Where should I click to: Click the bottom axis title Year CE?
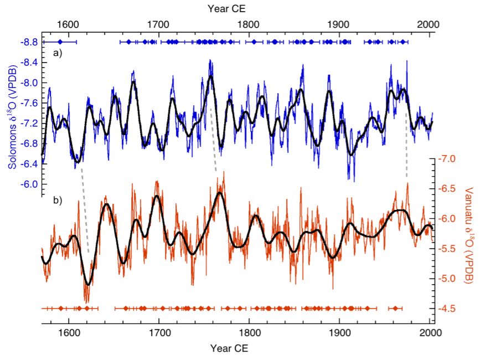coord(229,349)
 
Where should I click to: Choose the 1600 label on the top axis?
coord(68,24)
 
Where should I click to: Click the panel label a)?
coord(57,54)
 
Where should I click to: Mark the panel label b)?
coord(57,199)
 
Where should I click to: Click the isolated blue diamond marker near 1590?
coord(60,42)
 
